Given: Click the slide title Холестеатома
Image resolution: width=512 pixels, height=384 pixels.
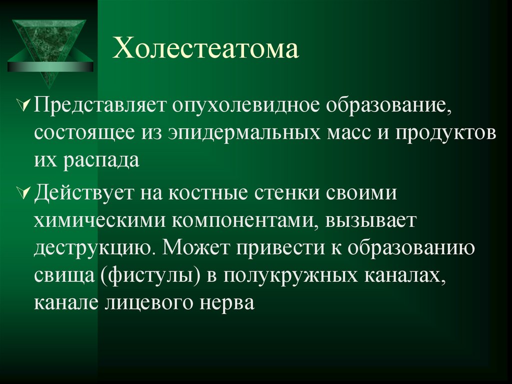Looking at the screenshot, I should [x=205, y=51].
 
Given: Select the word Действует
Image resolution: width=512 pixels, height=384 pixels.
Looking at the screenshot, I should [x=85, y=193].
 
